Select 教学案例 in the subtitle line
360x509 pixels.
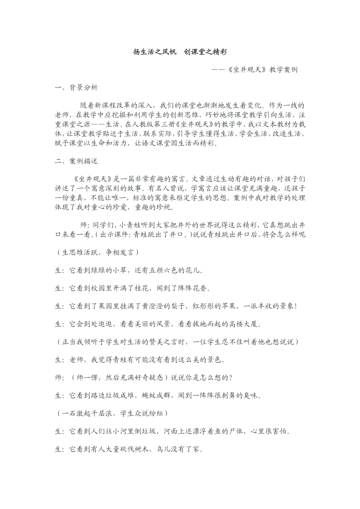(x=283, y=70)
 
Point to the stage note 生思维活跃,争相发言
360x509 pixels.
(x=98, y=252)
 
